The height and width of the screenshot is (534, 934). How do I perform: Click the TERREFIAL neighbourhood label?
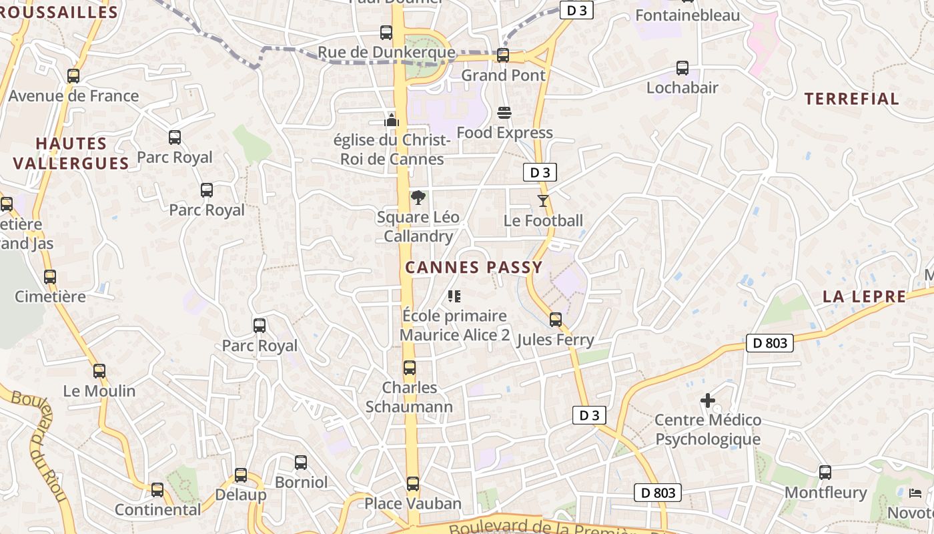click(851, 99)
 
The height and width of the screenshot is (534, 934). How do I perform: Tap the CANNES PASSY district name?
click(474, 268)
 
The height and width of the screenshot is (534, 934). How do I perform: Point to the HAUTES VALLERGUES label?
click(71, 154)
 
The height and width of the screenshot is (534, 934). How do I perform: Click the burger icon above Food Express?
click(504, 113)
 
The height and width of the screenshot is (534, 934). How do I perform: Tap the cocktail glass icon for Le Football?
click(543, 200)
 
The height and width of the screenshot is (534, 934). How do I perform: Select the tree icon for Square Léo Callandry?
click(418, 198)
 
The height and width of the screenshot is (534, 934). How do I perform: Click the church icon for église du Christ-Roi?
click(392, 120)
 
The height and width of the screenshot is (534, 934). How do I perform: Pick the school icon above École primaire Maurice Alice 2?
click(454, 296)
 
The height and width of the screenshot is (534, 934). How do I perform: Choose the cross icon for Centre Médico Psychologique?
click(708, 400)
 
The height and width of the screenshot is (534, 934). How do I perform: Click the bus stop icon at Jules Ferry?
click(556, 320)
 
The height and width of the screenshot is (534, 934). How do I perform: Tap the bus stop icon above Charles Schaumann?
click(410, 368)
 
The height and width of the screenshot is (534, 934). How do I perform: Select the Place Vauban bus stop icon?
click(413, 484)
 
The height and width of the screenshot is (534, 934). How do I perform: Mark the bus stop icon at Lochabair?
click(682, 68)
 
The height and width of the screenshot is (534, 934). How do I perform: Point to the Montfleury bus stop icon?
click(825, 473)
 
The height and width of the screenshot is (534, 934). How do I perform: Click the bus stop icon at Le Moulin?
click(99, 371)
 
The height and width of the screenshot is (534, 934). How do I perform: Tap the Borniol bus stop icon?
click(301, 463)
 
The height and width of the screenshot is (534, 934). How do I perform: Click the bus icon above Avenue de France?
click(73, 76)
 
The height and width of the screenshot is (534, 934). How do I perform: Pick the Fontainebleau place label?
click(688, 15)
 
